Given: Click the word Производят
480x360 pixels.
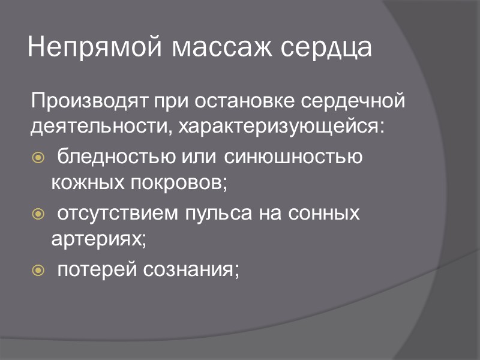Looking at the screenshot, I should coord(81,101).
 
